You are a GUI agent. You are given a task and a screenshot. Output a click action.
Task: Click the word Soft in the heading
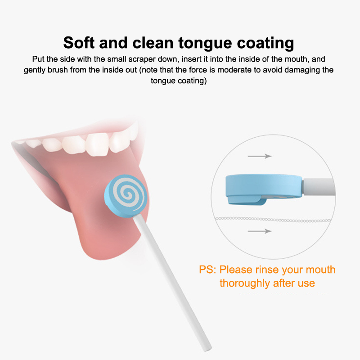[79, 43]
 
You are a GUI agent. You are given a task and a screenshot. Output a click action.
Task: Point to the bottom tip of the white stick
[208, 349]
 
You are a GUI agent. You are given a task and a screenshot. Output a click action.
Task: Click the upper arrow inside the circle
[260, 156]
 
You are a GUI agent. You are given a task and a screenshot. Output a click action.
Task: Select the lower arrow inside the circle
[260, 231]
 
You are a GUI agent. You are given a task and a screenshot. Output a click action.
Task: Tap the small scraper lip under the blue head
[247, 201]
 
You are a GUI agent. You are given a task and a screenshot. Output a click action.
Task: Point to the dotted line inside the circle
[273, 220]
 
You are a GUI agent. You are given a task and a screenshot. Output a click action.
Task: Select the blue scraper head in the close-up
[264, 186]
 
